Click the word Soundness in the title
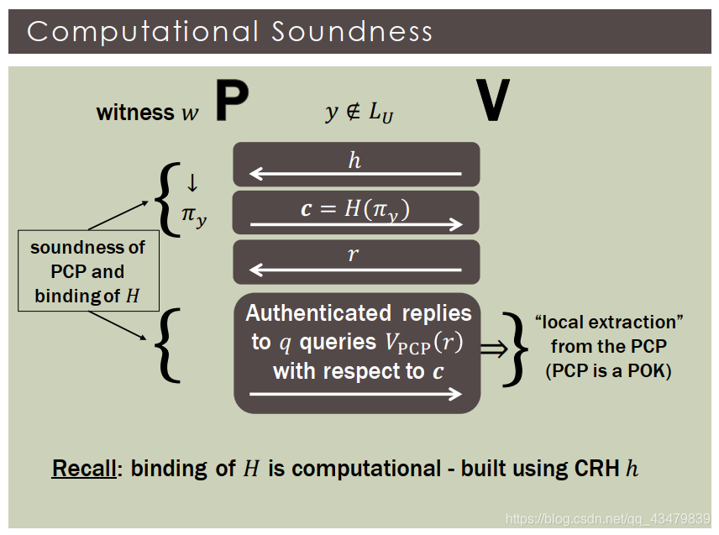coord(352,32)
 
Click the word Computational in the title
coord(142,32)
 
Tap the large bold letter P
coord(232,102)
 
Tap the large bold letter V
coord(492,102)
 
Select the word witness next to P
coord(134,112)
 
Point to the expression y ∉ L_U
coord(359,113)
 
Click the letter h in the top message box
coord(354,160)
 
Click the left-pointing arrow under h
coord(355,175)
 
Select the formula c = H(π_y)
coord(355,208)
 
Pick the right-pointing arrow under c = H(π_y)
coord(355,223)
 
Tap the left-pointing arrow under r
coord(355,270)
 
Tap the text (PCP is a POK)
coord(608,371)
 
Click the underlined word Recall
coord(83,468)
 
